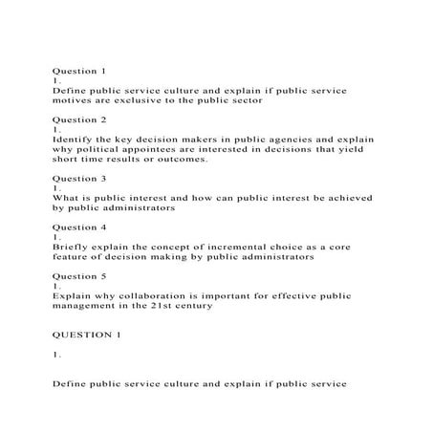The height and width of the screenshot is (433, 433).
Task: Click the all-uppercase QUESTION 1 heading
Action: [x=87, y=336]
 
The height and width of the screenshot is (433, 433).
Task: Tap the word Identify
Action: [x=75, y=140]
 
